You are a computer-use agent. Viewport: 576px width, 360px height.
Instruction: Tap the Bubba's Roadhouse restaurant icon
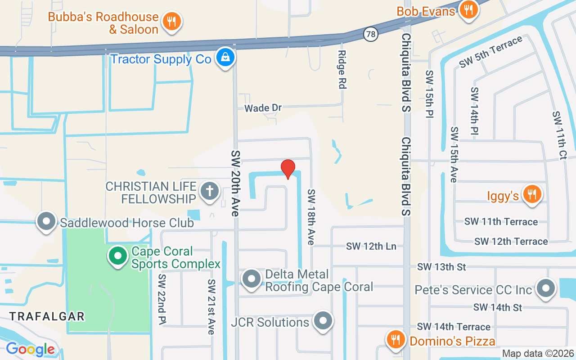pyautogui.click(x=171, y=21)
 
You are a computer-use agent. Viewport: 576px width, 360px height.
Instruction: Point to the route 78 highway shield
pyautogui.click(x=370, y=34)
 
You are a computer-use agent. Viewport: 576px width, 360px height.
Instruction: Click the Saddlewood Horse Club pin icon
pyautogui.click(x=46, y=221)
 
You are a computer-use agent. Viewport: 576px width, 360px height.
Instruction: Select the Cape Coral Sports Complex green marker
pyautogui.click(x=118, y=256)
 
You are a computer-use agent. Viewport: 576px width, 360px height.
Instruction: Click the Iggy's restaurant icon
pyautogui.click(x=532, y=194)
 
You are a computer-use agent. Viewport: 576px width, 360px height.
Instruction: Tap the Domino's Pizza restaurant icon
pyautogui.click(x=396, y=339)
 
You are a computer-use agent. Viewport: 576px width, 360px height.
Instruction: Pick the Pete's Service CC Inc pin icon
pyautogui.click(x=546, y=288)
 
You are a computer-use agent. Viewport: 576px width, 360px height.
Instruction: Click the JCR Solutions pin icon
pyautogui.click(x=323, y=321)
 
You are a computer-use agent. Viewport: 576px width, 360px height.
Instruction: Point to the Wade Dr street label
pyautogui.click(x=263, y=108)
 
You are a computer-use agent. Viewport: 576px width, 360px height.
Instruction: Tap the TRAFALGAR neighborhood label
pyautogui.click(x=47, y=316)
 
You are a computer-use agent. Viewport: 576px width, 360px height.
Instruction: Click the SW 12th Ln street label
pyautogui.click(x=371, y=246)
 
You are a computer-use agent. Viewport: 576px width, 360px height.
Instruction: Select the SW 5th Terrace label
pyautogui.click(x=490, y=52)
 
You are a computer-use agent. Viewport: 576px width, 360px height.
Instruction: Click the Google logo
pyautogui.click(x=30, y=349)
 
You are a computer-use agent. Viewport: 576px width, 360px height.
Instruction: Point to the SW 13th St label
pyautogui.click(x=441, y=267)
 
